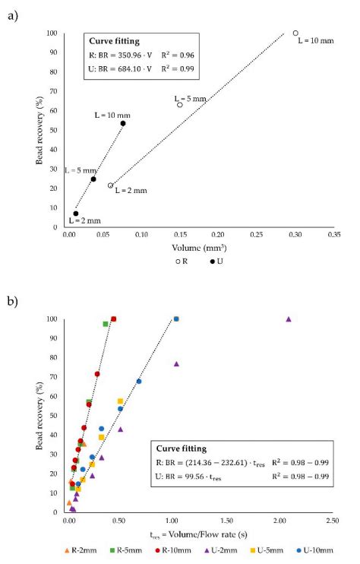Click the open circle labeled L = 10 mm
point(295,33)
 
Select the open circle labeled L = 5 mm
point(180,105)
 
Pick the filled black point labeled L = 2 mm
point(76,214)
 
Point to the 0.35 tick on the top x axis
point(329,235)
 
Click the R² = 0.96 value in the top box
point(178,55)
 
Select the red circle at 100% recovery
point(114,319)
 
